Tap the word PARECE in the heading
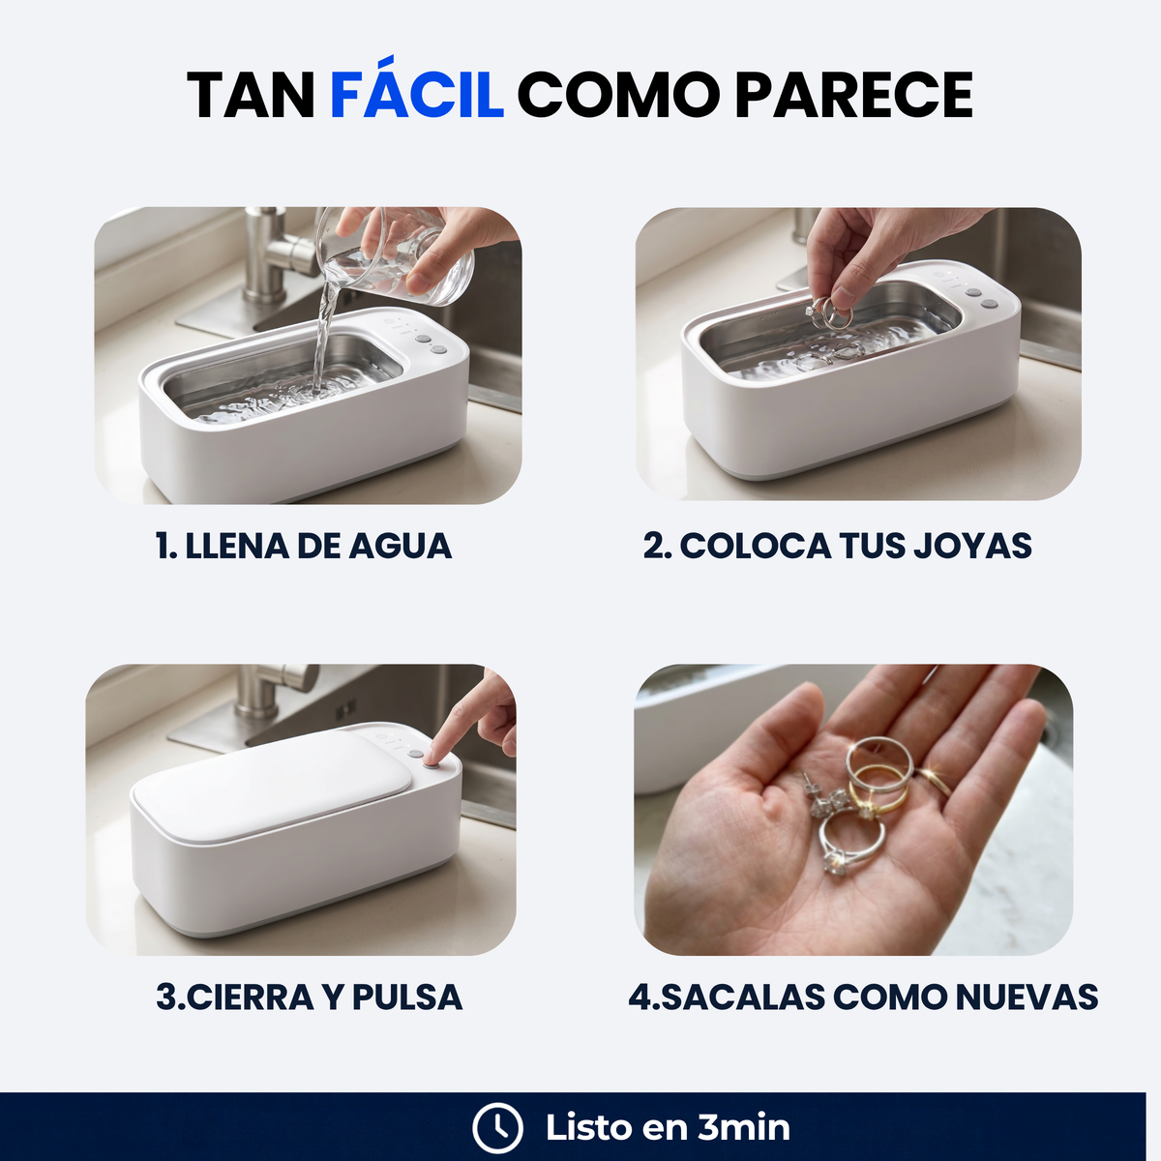click(853, 95)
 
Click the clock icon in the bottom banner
click(497, 1128)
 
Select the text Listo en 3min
click(668, 1128)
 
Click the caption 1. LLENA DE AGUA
click(304, 546)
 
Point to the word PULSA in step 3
click(407, 997)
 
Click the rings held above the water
click(829, 313)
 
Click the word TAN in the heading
click(251, 95)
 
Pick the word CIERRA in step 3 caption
click(250, 997)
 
